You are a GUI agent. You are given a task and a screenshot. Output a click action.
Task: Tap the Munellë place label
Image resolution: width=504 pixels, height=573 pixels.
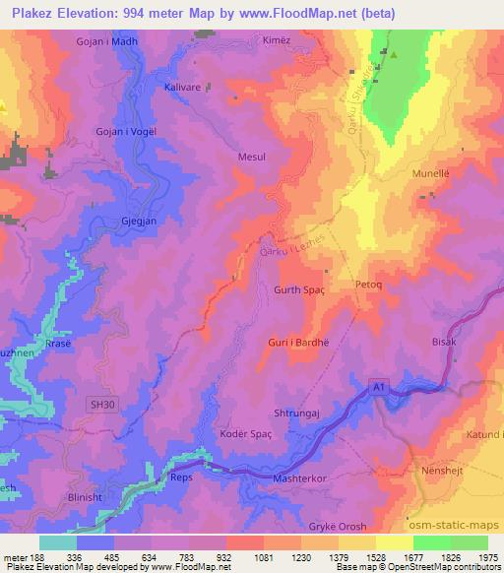point(429,172)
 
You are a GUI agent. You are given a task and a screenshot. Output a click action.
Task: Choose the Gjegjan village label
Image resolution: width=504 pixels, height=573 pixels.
point(139,221)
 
